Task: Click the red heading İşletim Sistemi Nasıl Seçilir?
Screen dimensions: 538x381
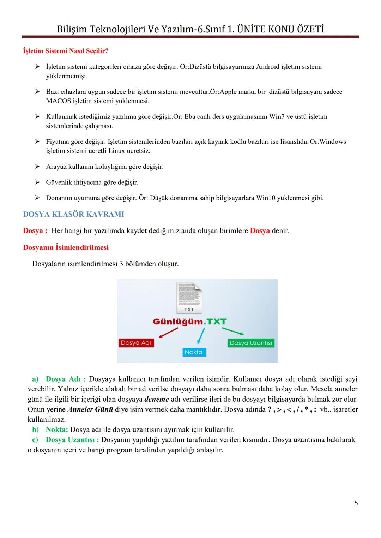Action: (66, 51)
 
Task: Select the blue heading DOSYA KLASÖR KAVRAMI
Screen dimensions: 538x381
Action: (73, 214)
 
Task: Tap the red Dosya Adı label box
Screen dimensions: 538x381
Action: (136, 343)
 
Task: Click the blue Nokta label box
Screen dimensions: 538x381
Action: (193, 352)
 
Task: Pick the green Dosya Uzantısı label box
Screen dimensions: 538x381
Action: (250, 343)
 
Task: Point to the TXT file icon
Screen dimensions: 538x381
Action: (189, 298)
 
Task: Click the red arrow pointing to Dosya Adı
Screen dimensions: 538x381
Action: (167, 332)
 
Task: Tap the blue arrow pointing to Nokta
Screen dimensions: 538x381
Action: (201, 335)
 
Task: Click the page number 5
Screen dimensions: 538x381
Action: (356, 503)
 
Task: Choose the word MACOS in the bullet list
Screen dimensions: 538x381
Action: (58, 101)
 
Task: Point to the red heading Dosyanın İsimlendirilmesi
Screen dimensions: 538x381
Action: (66, 247)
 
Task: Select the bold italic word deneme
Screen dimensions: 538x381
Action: (157, 399)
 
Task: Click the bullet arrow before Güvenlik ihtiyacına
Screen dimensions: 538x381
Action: (37, 182)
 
